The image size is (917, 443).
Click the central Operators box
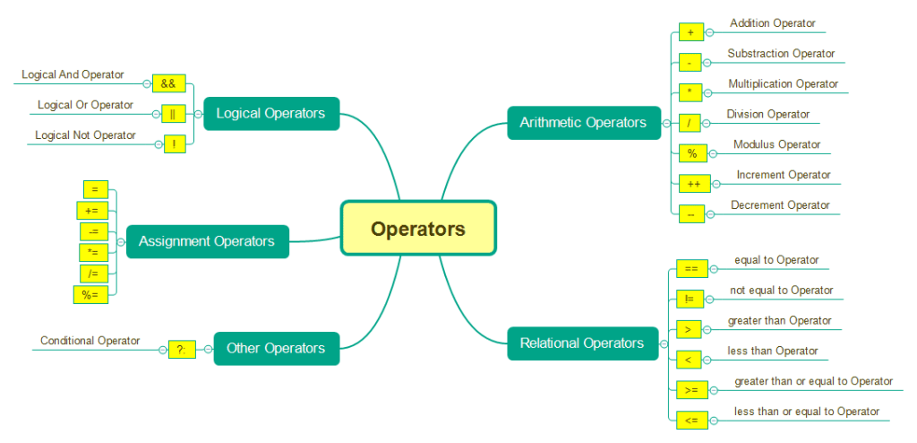(417, 229)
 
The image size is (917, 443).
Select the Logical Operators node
(271, 114)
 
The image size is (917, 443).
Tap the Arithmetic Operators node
(584, 122)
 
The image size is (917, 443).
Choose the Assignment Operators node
(207, 241)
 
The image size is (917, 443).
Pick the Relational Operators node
(582, 343)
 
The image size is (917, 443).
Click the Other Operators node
(276, 348)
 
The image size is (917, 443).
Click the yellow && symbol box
(168, 83)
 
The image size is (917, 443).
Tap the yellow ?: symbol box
(182, 349)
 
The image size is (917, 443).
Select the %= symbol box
(90, 294)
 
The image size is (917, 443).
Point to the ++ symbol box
(694, 184)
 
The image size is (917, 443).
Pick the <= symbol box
(691, 420)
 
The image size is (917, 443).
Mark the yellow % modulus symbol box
(692, 153)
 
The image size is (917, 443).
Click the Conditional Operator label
(90, 341)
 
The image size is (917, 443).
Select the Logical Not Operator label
(85, 135)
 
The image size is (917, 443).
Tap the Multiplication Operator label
(783, 84)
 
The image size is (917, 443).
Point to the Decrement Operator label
(780, 205)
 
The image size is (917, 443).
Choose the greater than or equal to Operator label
(813, 382)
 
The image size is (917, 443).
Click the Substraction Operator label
(781, 54)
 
